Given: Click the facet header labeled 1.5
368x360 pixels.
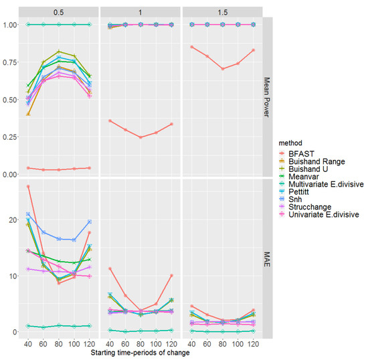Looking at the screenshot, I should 220,10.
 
